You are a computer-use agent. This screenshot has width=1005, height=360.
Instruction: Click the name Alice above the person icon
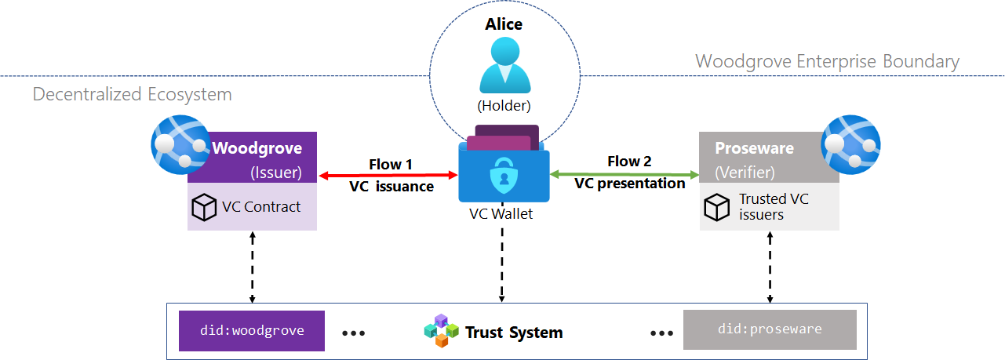(504, 24)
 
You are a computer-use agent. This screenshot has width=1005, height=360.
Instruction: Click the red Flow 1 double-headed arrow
(388, 176)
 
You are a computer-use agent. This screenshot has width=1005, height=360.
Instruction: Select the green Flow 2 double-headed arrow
(624, 173)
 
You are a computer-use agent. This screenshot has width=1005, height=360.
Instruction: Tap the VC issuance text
(391, 187)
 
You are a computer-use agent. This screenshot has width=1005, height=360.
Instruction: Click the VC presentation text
(629, 184)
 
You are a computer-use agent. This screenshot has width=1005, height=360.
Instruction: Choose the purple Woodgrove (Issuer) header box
(259, 158)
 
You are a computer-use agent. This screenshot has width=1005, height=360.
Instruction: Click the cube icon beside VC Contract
(204, 207)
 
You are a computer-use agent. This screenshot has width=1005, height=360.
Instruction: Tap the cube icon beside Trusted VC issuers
(717, 207)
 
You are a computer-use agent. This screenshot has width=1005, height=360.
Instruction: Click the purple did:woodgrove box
(251, 330)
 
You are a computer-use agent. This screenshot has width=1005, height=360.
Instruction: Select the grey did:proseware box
(770, 329)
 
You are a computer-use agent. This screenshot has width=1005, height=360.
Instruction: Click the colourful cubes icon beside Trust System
(440, 331)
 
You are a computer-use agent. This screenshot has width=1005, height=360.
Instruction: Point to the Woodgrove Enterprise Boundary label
(827, 61)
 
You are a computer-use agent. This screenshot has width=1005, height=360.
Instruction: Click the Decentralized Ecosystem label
(133, 95)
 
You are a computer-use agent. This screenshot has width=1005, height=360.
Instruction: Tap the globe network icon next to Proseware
(850, 144)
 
